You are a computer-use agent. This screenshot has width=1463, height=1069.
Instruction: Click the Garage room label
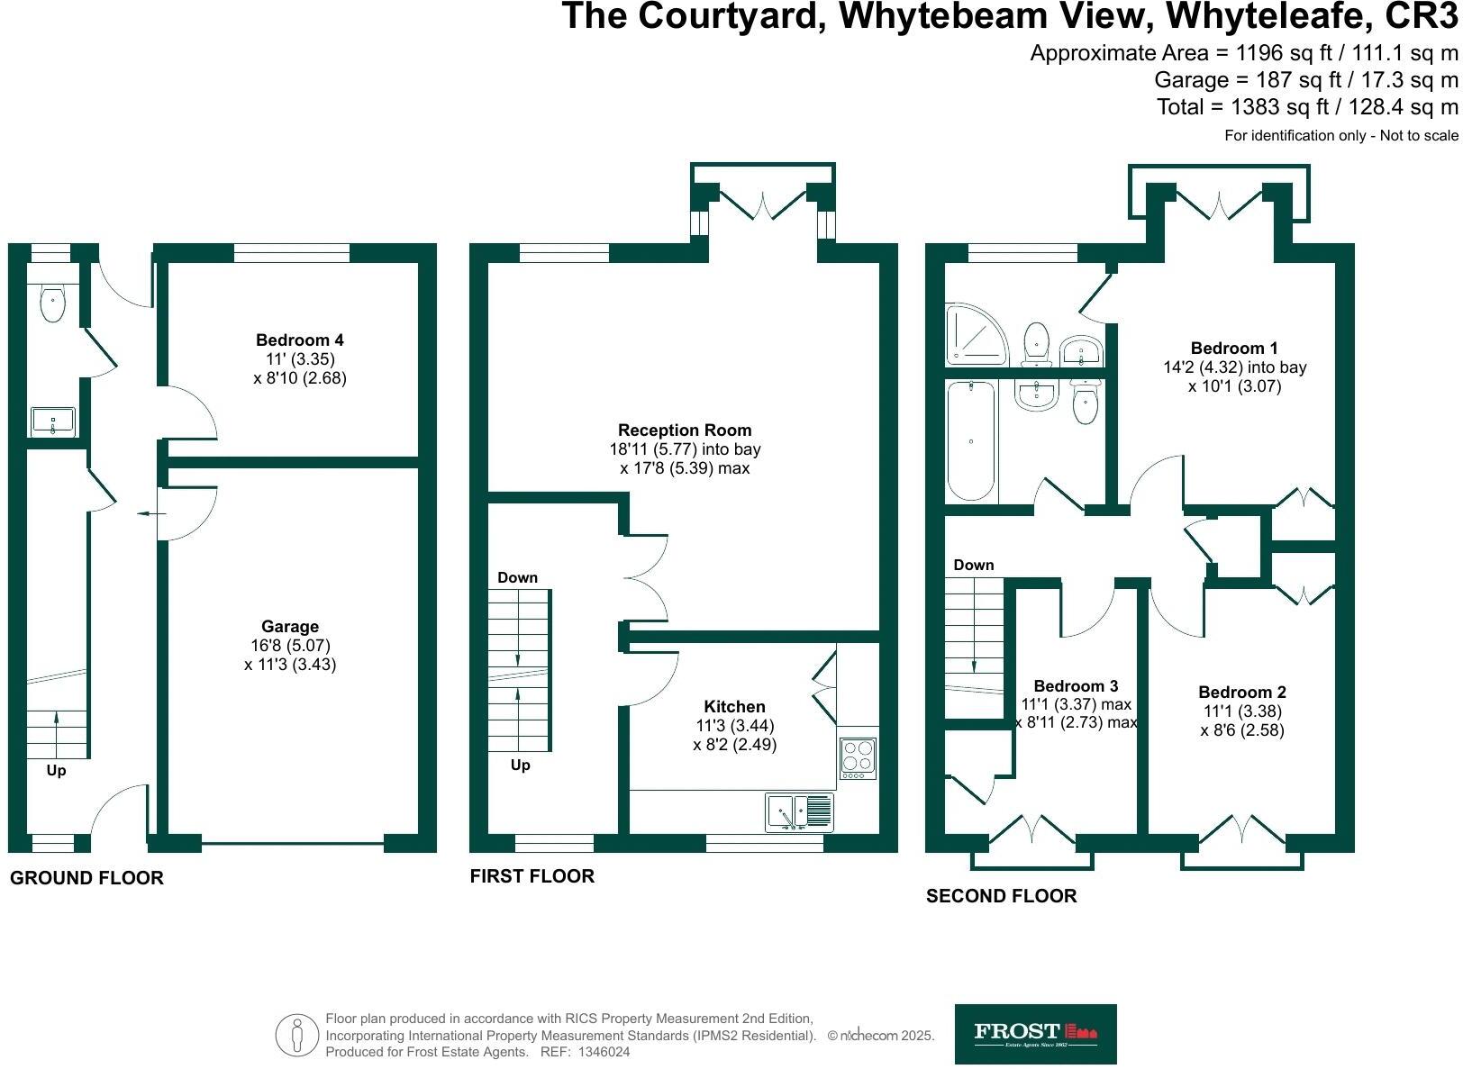[x=290, y=627]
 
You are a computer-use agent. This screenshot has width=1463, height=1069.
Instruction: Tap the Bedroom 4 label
[x=300, y=340]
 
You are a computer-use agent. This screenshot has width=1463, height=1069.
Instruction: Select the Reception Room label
[x=685, y=430]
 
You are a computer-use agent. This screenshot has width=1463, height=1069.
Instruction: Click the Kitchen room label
[x=735, y=707]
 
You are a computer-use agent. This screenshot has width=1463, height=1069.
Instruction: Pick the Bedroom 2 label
[x=1242, y=693]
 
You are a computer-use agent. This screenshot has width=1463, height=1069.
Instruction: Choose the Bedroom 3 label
[x=1077, y=686]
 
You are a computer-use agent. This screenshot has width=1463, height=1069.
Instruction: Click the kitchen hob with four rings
[x=858, y=757]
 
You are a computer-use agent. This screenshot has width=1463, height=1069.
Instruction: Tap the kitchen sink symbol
[x=799, y=812]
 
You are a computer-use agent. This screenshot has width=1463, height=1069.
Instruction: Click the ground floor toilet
[x=53, y=303]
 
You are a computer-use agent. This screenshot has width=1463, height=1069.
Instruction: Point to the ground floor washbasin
[x=53, y=421]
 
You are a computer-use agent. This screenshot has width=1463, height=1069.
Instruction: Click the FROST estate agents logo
[x=1035, y=1033]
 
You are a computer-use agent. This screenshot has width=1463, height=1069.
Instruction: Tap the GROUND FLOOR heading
[x=86, y=878]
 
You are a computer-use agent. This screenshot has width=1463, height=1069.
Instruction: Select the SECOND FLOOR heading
[x=1001, y=896]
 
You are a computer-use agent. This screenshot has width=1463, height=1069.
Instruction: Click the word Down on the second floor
[x=974, y=566]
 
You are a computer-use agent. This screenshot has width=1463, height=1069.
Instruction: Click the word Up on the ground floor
[x=56, y=771]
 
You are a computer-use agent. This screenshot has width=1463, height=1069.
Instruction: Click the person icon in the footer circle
[x=297, y=1036]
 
